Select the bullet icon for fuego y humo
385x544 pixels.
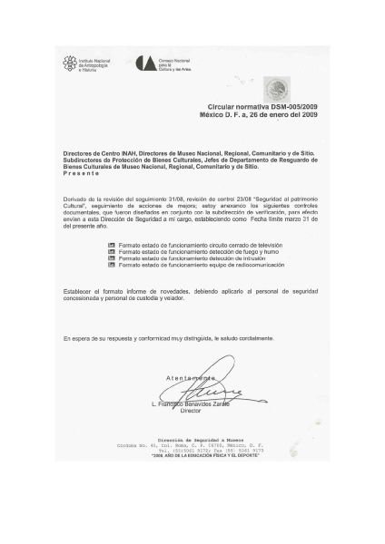113,251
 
